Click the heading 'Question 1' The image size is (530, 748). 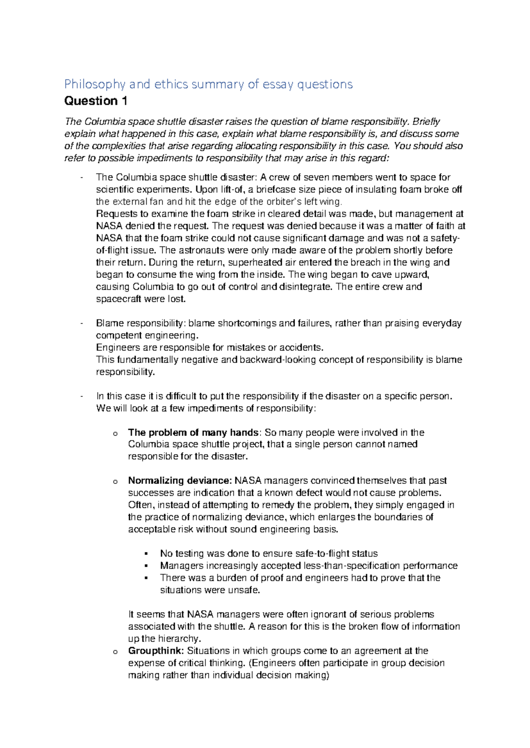pos(95,101)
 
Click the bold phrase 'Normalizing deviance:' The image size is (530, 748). pos(180,481)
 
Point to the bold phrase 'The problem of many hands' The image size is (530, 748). pos(193,433)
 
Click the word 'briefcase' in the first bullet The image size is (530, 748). pos(274,190)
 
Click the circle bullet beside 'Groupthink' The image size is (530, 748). pos(115,652)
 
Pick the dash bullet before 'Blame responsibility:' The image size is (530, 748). pos(82,323)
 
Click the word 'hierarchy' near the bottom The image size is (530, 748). pos(179,639)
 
